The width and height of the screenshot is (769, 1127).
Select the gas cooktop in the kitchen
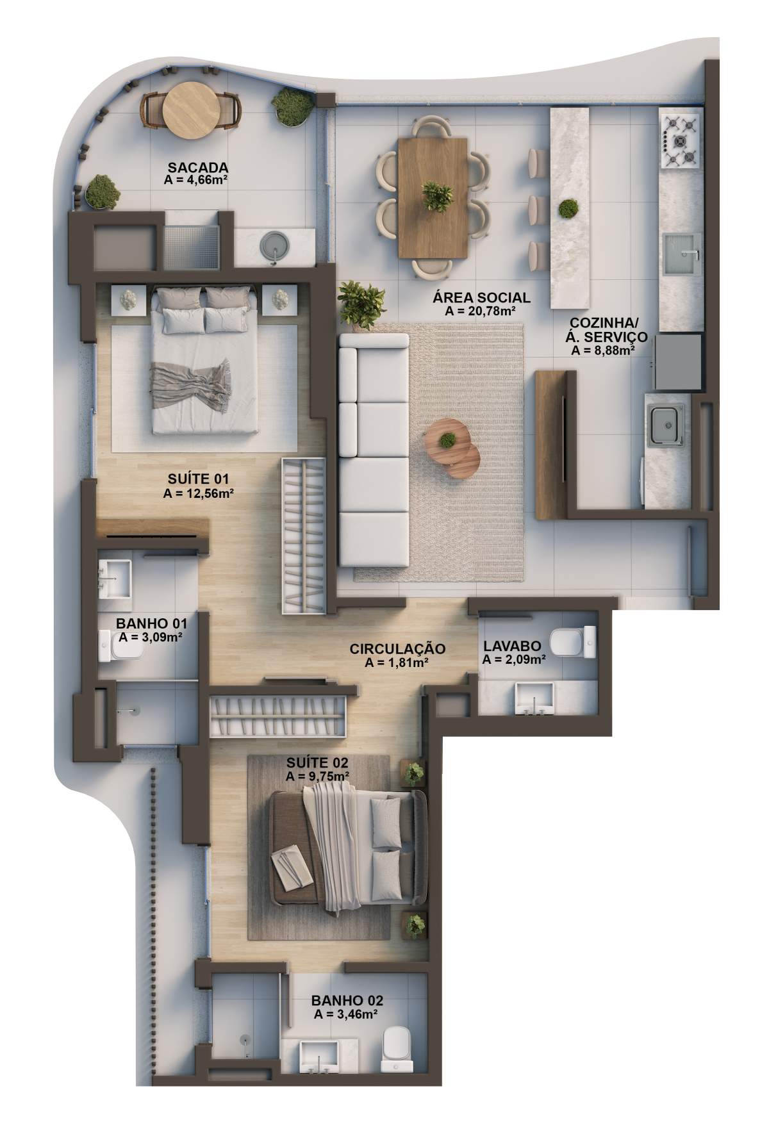680,140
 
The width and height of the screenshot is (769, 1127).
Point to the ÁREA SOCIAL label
481,297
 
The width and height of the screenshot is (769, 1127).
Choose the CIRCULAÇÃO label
397,649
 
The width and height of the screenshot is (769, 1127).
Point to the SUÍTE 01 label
198,479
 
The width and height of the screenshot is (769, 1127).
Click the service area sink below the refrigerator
666,425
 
